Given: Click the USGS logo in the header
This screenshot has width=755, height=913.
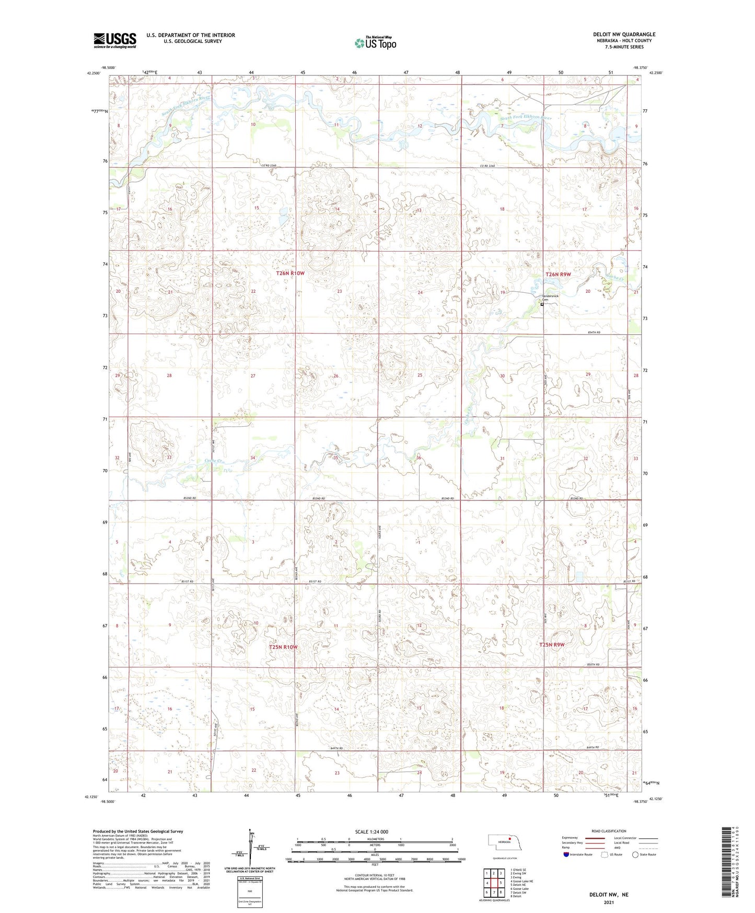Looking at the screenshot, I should click(115, 40).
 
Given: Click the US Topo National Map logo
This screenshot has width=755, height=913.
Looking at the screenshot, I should click(375, 42).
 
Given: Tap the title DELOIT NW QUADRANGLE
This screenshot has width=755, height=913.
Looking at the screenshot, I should click(624, 35).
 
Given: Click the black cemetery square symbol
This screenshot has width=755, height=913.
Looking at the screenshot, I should click(542, 304).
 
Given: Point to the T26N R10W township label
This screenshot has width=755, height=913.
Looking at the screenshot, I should click(290, 273).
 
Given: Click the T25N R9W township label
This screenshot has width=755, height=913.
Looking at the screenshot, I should click(552, 645).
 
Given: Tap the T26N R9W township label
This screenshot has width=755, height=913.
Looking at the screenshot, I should click(558, 275).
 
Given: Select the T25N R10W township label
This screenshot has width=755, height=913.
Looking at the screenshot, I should click(283, 647).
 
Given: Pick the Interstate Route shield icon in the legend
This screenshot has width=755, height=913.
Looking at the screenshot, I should click(566, 854).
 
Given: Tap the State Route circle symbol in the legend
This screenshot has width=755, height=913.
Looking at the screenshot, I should click(635, 854).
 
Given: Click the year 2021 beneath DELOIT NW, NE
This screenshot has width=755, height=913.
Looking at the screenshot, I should click(609, 903).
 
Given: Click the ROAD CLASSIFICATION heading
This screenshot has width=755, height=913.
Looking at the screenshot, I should click(609, 831).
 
